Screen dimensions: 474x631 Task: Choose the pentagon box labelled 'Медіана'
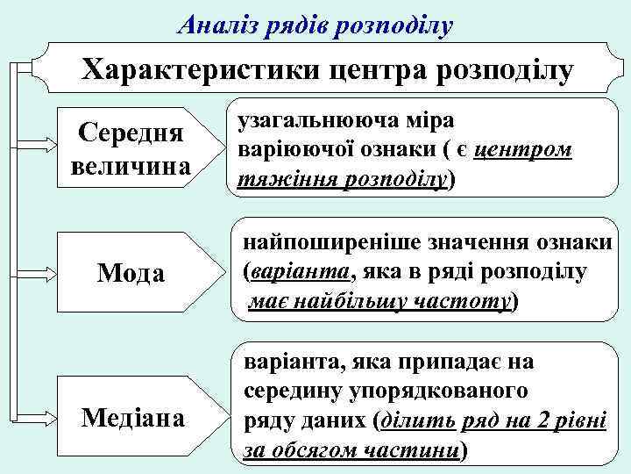[x=134, y=417]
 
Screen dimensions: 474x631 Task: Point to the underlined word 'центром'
[x=523, y=150]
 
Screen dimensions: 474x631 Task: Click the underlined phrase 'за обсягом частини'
[x=351, y=449]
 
